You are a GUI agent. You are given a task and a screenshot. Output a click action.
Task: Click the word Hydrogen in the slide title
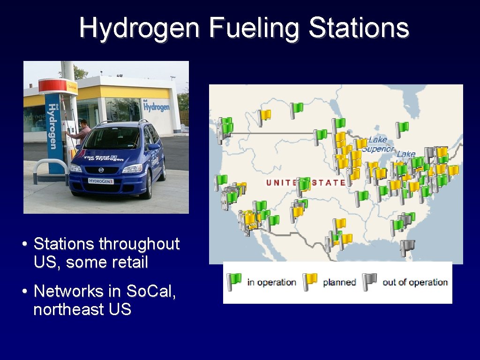(139, 28)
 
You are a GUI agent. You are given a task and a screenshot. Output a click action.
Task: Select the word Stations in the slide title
(359, 28)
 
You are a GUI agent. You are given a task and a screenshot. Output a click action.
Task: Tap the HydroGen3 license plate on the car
(101, 181)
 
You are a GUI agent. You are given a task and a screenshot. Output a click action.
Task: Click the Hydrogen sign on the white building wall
(156, 106)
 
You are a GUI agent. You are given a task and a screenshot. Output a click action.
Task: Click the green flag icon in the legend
(233, 282)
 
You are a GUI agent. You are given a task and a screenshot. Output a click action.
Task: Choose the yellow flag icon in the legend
(310, 282)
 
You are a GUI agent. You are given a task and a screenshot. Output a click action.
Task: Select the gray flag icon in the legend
(369, 282)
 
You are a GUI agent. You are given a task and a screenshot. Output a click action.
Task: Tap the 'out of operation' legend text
(415, 282)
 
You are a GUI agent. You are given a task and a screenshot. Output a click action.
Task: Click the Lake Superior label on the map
(378, 144)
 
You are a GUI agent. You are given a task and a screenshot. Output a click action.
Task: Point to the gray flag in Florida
(407, 247)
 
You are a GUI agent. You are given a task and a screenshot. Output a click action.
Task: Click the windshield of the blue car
(112, 138)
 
